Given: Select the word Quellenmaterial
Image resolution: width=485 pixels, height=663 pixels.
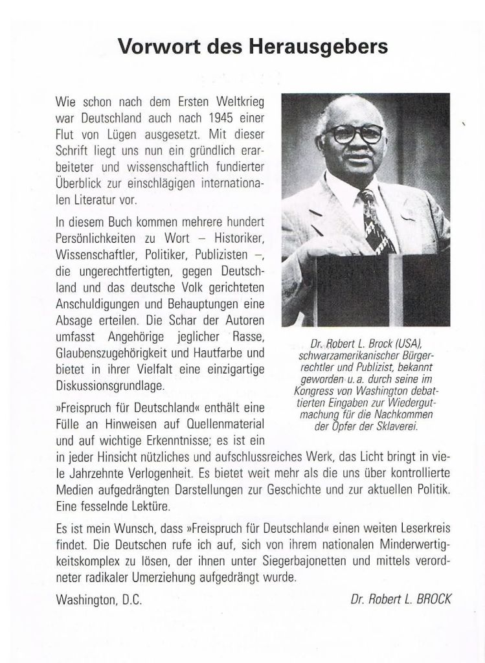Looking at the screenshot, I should point(215,425).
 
